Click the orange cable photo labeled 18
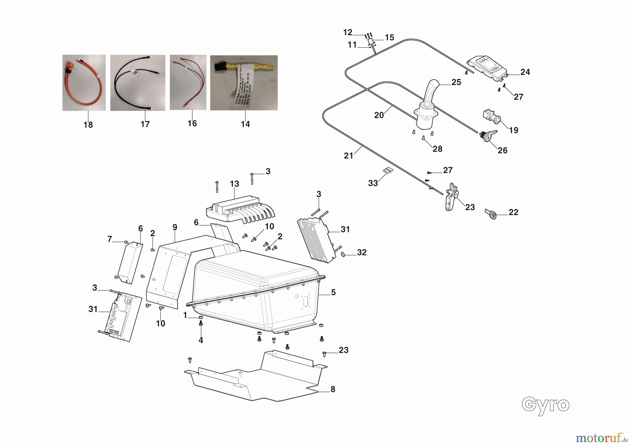[x=84, y=83]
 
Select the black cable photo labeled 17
[x=138, y=83]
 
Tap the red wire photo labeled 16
[x=188, y=82]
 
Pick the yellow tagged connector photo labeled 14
[x=244, y=83]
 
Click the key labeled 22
[x=491, y=214]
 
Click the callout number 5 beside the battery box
[x=333, y=292]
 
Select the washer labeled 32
[x=343, y=254]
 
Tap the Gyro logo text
[x=545, y=406]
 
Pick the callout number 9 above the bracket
[x=175, y=227]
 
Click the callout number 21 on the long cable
[x=348, y=156]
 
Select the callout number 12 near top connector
[x=348, y=32]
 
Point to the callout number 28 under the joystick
[x=437, y=149]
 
